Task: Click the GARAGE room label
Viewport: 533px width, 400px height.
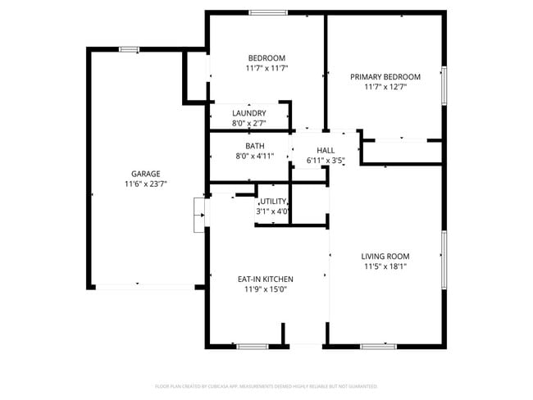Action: pos(145,174)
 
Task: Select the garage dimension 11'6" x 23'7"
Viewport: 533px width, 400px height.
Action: pos(145,184)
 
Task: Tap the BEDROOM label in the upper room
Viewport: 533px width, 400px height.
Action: pos(266,57)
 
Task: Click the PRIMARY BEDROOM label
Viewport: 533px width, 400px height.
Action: pos(385,77)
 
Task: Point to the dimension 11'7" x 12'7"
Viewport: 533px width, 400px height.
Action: pos(385,87)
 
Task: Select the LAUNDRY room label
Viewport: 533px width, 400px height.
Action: pos(248,113)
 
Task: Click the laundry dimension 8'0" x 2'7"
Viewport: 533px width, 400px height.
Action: pos(248,123)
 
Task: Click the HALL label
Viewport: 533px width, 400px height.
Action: pos(326,151)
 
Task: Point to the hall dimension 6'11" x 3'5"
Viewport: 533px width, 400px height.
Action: pos(326,161)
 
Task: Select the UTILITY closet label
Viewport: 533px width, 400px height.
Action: pos(274,201)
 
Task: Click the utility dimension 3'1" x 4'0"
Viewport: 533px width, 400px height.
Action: pos(274,211)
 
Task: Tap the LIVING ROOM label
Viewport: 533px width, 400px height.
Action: pos(385,256)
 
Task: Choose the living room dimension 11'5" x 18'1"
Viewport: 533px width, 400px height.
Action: pos(385,266)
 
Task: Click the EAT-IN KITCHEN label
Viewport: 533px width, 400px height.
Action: pos(266,279)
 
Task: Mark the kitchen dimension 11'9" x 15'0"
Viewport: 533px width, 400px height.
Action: pos(266,289)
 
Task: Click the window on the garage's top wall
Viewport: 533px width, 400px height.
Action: pos(129,50)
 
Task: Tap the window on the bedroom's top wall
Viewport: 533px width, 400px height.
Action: pos(268,12)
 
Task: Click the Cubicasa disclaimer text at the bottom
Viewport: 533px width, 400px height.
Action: pos(266,385)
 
